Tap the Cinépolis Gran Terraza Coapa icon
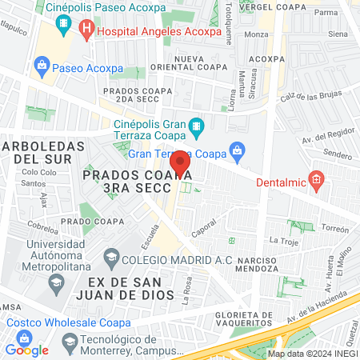196,127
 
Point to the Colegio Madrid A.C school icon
110,258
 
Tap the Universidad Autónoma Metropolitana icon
56,282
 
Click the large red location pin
180,163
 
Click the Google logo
26,350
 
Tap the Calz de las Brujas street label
310,96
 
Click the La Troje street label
283,240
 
